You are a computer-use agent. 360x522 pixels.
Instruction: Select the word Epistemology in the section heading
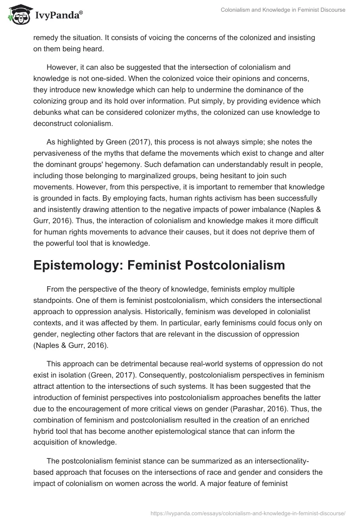click(x=75, y=265)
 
